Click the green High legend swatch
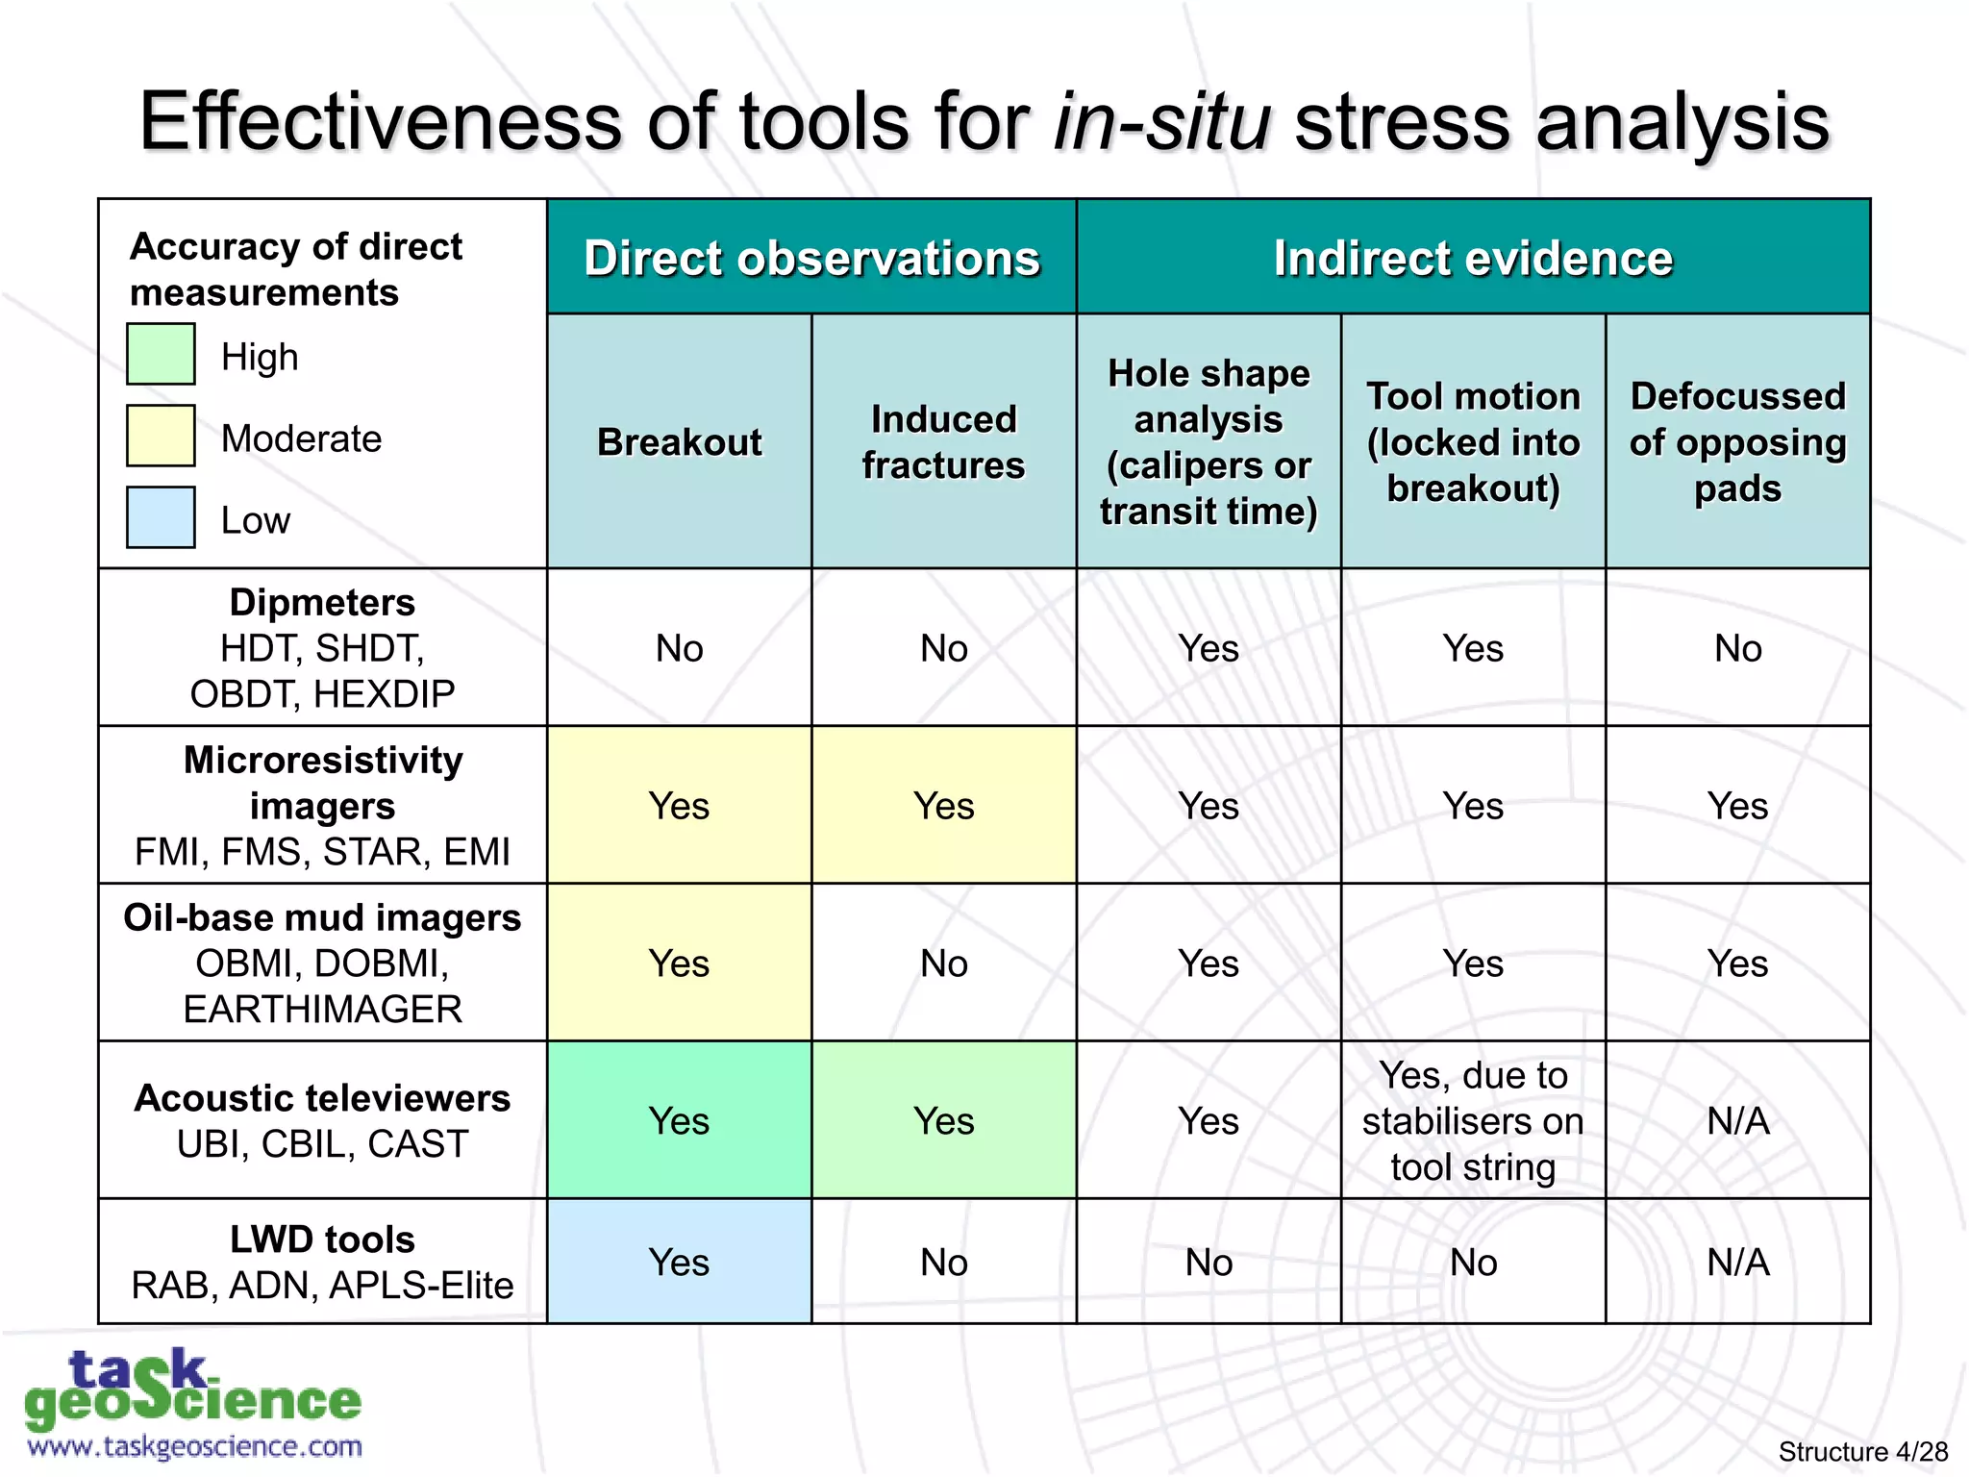coord(161,354)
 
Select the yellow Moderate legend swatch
coord(161,436)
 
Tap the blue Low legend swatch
coord(161,517)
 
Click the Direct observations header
coord(811,258)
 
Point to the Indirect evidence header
coord(1473,258)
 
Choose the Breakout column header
coord(679,442)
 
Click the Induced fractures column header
coord(943,442)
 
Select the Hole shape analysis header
coord(1209,442)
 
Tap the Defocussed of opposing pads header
coord(1737,442)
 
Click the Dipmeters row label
coord(322,647)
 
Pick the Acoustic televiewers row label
coord(322,1120)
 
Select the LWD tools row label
coord(322,1262)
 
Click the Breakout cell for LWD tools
coord(679,1262)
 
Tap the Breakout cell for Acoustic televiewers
coord(679,1120)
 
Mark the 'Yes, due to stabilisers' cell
coord(1473,1120)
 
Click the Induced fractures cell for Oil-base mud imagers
coord(943,963)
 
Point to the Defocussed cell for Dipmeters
coord(1737,647)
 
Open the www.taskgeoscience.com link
coord(195,1446)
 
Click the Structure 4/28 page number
coord(1862,1451)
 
